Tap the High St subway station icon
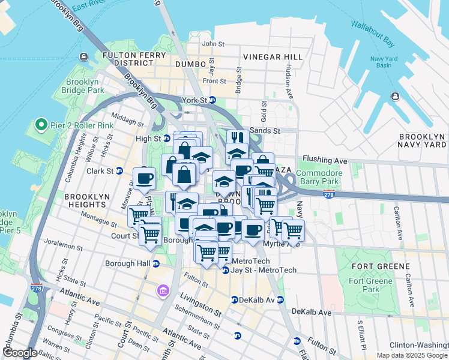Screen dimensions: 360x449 click(x=167, y=139)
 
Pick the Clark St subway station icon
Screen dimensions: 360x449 click(x=119, y=171)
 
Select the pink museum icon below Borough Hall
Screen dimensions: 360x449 click(x=161, y=291)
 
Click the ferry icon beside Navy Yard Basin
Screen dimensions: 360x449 click(x=396, y=97)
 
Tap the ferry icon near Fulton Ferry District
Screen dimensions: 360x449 click(x=83, y=58)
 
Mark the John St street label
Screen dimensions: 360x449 click(x=212, y=44)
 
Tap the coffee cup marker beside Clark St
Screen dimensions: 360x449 click(x=144, y=178)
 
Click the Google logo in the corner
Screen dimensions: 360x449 click(x=20, y=353)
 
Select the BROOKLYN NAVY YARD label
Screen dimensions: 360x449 click(x=423, y=141)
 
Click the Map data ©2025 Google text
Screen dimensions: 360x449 click(x=412, y=355)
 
